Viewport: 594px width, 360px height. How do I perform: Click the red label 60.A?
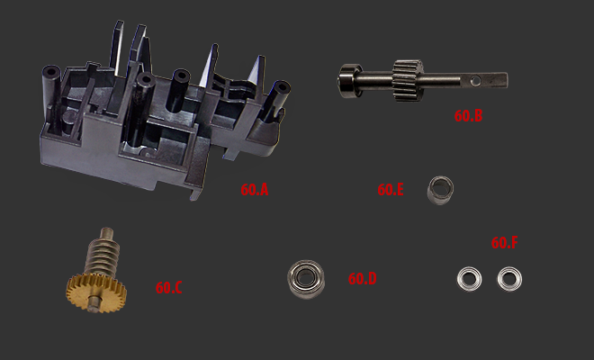click(254, 190)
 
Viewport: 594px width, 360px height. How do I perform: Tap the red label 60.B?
click(468, 116)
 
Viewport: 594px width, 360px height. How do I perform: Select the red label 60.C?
click(168, 288)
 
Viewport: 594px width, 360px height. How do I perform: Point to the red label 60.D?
click(362, 279)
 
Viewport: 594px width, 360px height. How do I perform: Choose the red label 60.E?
click(391, 190)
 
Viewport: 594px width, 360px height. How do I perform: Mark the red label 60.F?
click(504, 243)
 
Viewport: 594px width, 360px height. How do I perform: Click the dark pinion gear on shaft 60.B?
click(407, 80)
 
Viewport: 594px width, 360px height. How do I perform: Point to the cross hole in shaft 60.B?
click(475, 80)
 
